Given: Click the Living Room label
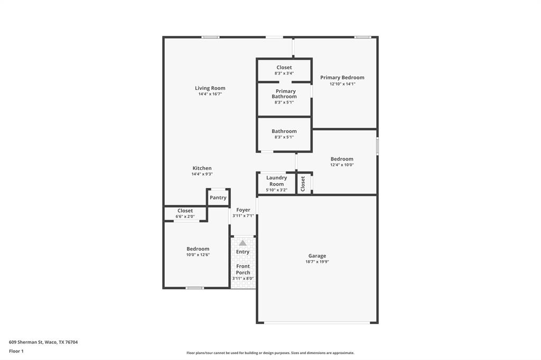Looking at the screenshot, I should (x=210, y=88).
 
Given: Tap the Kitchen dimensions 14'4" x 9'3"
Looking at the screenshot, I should (x=202, y=174).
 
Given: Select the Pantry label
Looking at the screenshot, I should (x=218, y=198).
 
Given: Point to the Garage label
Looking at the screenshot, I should (x=317, y=256).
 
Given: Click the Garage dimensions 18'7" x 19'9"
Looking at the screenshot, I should (x=317, y=262).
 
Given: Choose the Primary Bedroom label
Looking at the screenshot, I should (x=342, y=78).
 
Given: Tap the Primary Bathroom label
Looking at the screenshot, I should (x=284, y=94).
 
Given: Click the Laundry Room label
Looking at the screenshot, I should (x=276, y=181).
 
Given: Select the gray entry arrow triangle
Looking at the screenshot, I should (x=242, y=243).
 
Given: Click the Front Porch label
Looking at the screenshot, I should (x=243, y=269).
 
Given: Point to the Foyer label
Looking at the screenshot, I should (x=243, y=210).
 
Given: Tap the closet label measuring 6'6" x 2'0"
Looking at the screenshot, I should (x=185, y=211).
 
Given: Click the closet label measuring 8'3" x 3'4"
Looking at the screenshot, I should (x=284, y=68).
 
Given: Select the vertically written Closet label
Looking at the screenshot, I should (x=303, y=184).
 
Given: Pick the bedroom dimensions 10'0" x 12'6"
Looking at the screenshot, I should (x=198, y=255).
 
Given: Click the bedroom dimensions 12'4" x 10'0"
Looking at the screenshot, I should (x=342, y=165).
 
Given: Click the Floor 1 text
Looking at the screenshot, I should (x=16, y=351).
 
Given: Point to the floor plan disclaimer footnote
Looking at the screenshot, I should (x=270, y=353).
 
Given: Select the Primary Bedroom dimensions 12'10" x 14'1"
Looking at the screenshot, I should (x=342, y=84).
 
